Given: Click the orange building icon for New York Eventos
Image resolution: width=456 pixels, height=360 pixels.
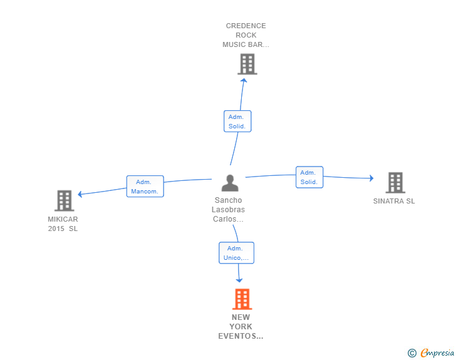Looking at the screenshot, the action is pos(242,299).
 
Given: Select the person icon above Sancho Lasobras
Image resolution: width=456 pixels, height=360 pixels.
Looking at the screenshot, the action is pos(230,183).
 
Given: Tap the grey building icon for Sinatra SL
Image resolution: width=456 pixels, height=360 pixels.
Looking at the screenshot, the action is pos(395,183).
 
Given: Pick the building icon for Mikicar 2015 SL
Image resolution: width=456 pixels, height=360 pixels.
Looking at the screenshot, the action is pos(65,200).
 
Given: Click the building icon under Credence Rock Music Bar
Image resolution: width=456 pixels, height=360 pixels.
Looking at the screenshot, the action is pos(247,64).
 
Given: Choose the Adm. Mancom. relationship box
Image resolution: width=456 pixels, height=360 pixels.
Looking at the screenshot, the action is pos(145,187).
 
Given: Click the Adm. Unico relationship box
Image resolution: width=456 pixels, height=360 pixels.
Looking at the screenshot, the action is pos(236,253).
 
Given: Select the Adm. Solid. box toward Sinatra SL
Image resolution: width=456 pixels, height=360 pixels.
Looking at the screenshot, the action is pos(309,177).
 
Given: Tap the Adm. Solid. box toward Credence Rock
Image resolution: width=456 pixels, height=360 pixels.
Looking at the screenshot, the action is pos(237,121).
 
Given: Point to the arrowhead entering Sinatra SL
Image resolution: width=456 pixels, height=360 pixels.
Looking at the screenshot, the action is pos(371,178).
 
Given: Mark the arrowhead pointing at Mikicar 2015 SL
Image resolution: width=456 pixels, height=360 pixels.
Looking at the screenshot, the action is pos(80,194).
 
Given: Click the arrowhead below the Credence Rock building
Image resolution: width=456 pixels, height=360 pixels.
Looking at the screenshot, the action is pos(244,80).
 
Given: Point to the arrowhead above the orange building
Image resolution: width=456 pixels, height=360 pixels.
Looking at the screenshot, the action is pos(239,280).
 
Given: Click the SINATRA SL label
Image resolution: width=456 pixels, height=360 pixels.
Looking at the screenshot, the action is pos(394,201).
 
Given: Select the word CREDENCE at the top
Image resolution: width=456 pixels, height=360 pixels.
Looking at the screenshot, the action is pos(246,26).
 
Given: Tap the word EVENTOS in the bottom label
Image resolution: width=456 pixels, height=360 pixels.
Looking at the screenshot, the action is pos(241,336).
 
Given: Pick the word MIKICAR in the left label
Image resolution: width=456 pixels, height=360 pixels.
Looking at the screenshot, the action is pos(63,219).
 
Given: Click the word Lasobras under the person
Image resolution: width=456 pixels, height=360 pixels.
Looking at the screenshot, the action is pos(228,210).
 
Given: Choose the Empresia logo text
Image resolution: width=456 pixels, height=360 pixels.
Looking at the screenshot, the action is pos(437,353).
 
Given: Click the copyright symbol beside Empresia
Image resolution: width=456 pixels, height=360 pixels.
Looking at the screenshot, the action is pos(412,353).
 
